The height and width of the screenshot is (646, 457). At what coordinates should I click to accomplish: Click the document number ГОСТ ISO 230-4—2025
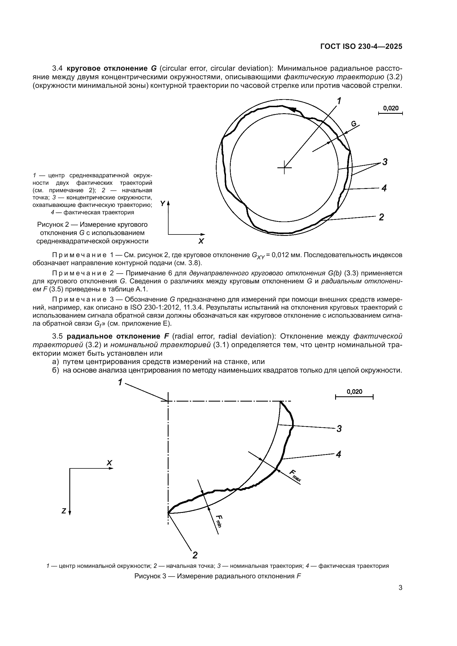[361, 47]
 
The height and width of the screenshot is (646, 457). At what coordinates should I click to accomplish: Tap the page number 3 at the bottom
[400, 596]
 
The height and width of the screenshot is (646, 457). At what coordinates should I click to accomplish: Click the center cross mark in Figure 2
[285, 168]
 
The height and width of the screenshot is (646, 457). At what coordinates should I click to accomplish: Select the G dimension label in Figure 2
[354, 123]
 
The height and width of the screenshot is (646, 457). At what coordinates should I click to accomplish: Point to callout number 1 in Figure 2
[339, 101]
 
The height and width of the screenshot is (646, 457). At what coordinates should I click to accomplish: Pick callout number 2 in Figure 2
[381, 217]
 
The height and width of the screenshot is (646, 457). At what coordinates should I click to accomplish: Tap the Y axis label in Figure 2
[163, 204]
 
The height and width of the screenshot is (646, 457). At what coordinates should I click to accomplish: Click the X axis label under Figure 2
[201, 241]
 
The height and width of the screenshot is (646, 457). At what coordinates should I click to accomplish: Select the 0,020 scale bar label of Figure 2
[391, 108]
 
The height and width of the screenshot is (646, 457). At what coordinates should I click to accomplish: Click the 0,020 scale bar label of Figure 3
[354, 391]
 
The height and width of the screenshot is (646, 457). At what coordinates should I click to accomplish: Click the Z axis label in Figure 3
[64, 511]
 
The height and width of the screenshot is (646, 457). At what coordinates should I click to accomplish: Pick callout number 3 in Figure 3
[339, 429]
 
